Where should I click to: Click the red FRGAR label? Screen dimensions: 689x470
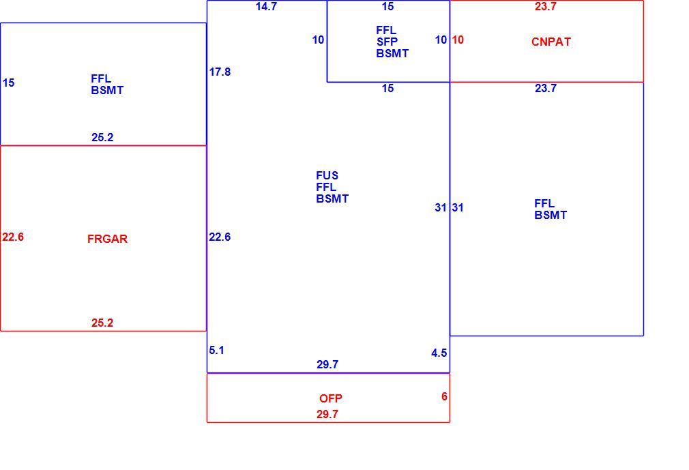tap(107, 239)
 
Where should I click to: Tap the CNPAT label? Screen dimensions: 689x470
tap(551, 42)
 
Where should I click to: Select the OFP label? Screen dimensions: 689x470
tap(330, 398)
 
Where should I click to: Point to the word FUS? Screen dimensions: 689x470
tap(327, 176)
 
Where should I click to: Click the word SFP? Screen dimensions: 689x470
tap(387, 42)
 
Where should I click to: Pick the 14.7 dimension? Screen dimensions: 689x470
tap(266, 6)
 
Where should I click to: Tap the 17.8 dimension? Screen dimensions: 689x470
tap(220, 72)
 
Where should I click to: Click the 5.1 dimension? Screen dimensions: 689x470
tap(216, 350)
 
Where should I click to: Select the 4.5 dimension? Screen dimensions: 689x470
tap(439, 353)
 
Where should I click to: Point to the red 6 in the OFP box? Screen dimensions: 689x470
tap(444, 396)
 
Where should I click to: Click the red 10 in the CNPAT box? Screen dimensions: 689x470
tap(458, 40)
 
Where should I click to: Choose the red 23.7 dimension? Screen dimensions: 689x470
tap(546, 6)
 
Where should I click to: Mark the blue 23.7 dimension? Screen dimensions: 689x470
tap(546, 88)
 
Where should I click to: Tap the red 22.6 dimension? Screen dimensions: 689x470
tap(13, 237)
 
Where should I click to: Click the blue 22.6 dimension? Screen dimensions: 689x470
tap(220, 237)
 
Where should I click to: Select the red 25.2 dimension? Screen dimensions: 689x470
tap(102, 323)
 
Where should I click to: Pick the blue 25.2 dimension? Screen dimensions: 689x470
tap(102, 138)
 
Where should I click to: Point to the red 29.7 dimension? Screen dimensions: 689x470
tap(327, 414)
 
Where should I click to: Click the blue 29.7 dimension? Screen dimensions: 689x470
tap(327, 364)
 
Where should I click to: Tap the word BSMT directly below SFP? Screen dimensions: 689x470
tap(392, 54)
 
